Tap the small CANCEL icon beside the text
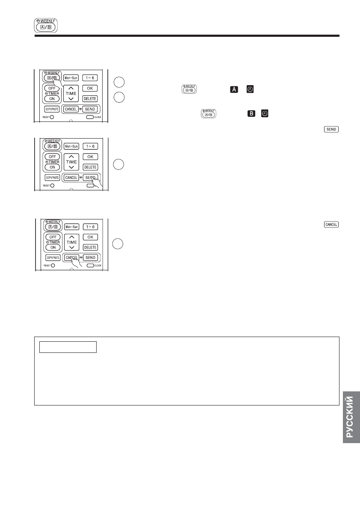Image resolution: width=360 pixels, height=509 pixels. [x=332, y=225]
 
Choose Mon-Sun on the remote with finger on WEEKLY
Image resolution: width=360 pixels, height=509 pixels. [x=71, y=78]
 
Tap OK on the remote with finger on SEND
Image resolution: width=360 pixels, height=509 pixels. [x=90, y=157]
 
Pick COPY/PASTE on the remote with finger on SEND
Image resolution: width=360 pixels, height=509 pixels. [x=52, y=177]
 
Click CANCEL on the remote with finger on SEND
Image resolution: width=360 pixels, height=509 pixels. [x=71, y=177]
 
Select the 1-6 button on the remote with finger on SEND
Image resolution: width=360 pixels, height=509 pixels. [x=90, y=146]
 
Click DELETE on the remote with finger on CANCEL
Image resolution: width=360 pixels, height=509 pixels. [x=90, y=247]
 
